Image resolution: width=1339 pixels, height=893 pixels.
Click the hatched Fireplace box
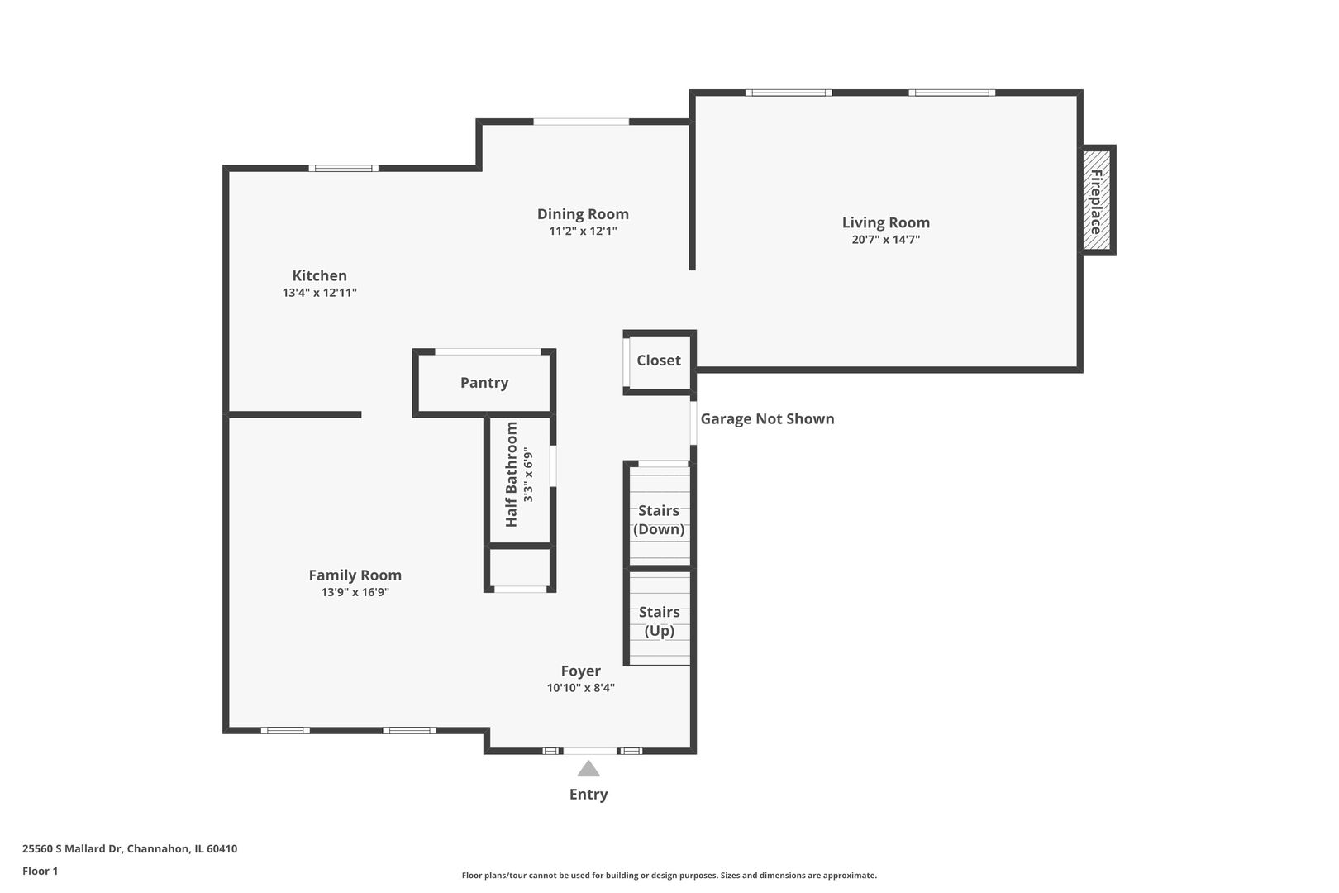[x=1098, y=200]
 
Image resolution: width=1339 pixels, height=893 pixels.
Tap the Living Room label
[x=886, y=222]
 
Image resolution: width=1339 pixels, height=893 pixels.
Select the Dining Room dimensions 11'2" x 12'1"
[x=583, y=231]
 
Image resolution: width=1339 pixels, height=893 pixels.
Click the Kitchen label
[x=319, y=275]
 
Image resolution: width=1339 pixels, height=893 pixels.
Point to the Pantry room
[x=484, y=383]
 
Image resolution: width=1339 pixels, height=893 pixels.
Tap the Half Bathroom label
[x=511, y=475]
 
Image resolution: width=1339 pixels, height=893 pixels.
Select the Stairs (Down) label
[x=659, y=520]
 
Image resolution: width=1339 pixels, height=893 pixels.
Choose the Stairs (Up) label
[x=660, y=622]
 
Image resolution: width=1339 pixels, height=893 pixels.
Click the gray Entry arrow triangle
[x=588, y=769]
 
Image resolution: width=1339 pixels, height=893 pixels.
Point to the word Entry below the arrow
[x=588, y=795]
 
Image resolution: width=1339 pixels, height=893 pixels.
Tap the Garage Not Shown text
[x=768, y=418]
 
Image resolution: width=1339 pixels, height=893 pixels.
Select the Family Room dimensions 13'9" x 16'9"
[x=355, y=592]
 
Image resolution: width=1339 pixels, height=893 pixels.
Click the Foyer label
[x=580, y=671]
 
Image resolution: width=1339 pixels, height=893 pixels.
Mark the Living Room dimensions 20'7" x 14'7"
[x=886, y=240]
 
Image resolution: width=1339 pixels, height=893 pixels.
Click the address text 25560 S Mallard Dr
[x=73, y=848]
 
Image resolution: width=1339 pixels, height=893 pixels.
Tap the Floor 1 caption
[x=40, y=871]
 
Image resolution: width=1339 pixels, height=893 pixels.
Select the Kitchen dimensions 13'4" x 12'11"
[x=320, y=293]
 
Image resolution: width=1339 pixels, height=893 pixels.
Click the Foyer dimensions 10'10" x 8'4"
[x=580, y=688]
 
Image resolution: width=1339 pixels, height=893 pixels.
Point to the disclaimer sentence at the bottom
[x=669, y=876]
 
